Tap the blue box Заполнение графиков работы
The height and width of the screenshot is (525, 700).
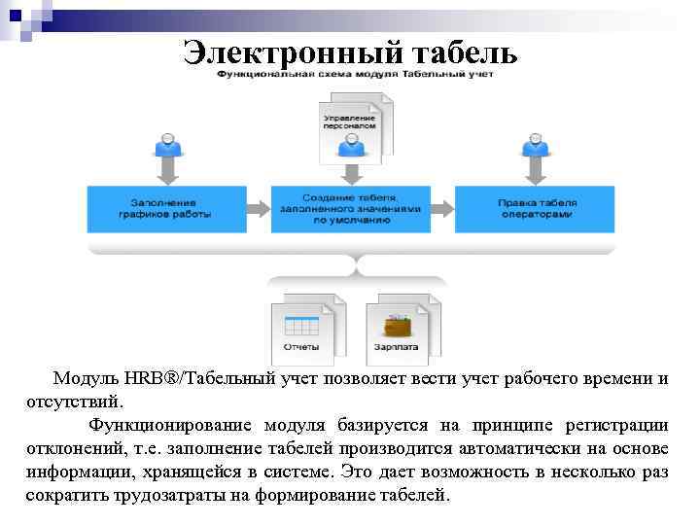164,208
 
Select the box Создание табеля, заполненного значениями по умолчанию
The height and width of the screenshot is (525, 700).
348,208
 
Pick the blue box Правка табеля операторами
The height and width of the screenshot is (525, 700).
537,208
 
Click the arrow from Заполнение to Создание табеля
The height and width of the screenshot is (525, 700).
258,208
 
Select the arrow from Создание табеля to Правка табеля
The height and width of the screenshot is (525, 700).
442,208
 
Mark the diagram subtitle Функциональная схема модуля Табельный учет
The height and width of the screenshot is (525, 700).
355,74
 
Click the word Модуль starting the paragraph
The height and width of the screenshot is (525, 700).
87,378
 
